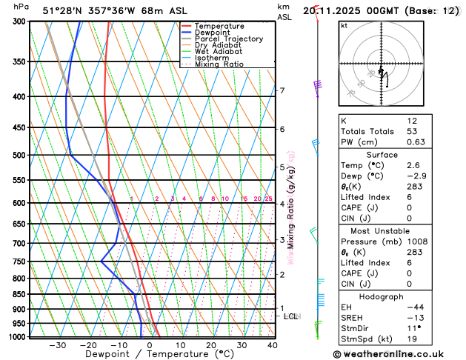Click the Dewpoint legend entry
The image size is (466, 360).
(215, 33)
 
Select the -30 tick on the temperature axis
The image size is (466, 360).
(57, 345)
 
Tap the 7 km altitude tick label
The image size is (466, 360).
(282, 91)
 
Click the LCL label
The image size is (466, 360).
(290, 316)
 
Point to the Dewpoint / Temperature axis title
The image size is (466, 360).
(149, 355)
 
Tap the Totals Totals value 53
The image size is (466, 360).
(412, 131)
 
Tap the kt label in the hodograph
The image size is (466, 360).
(344, 26)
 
